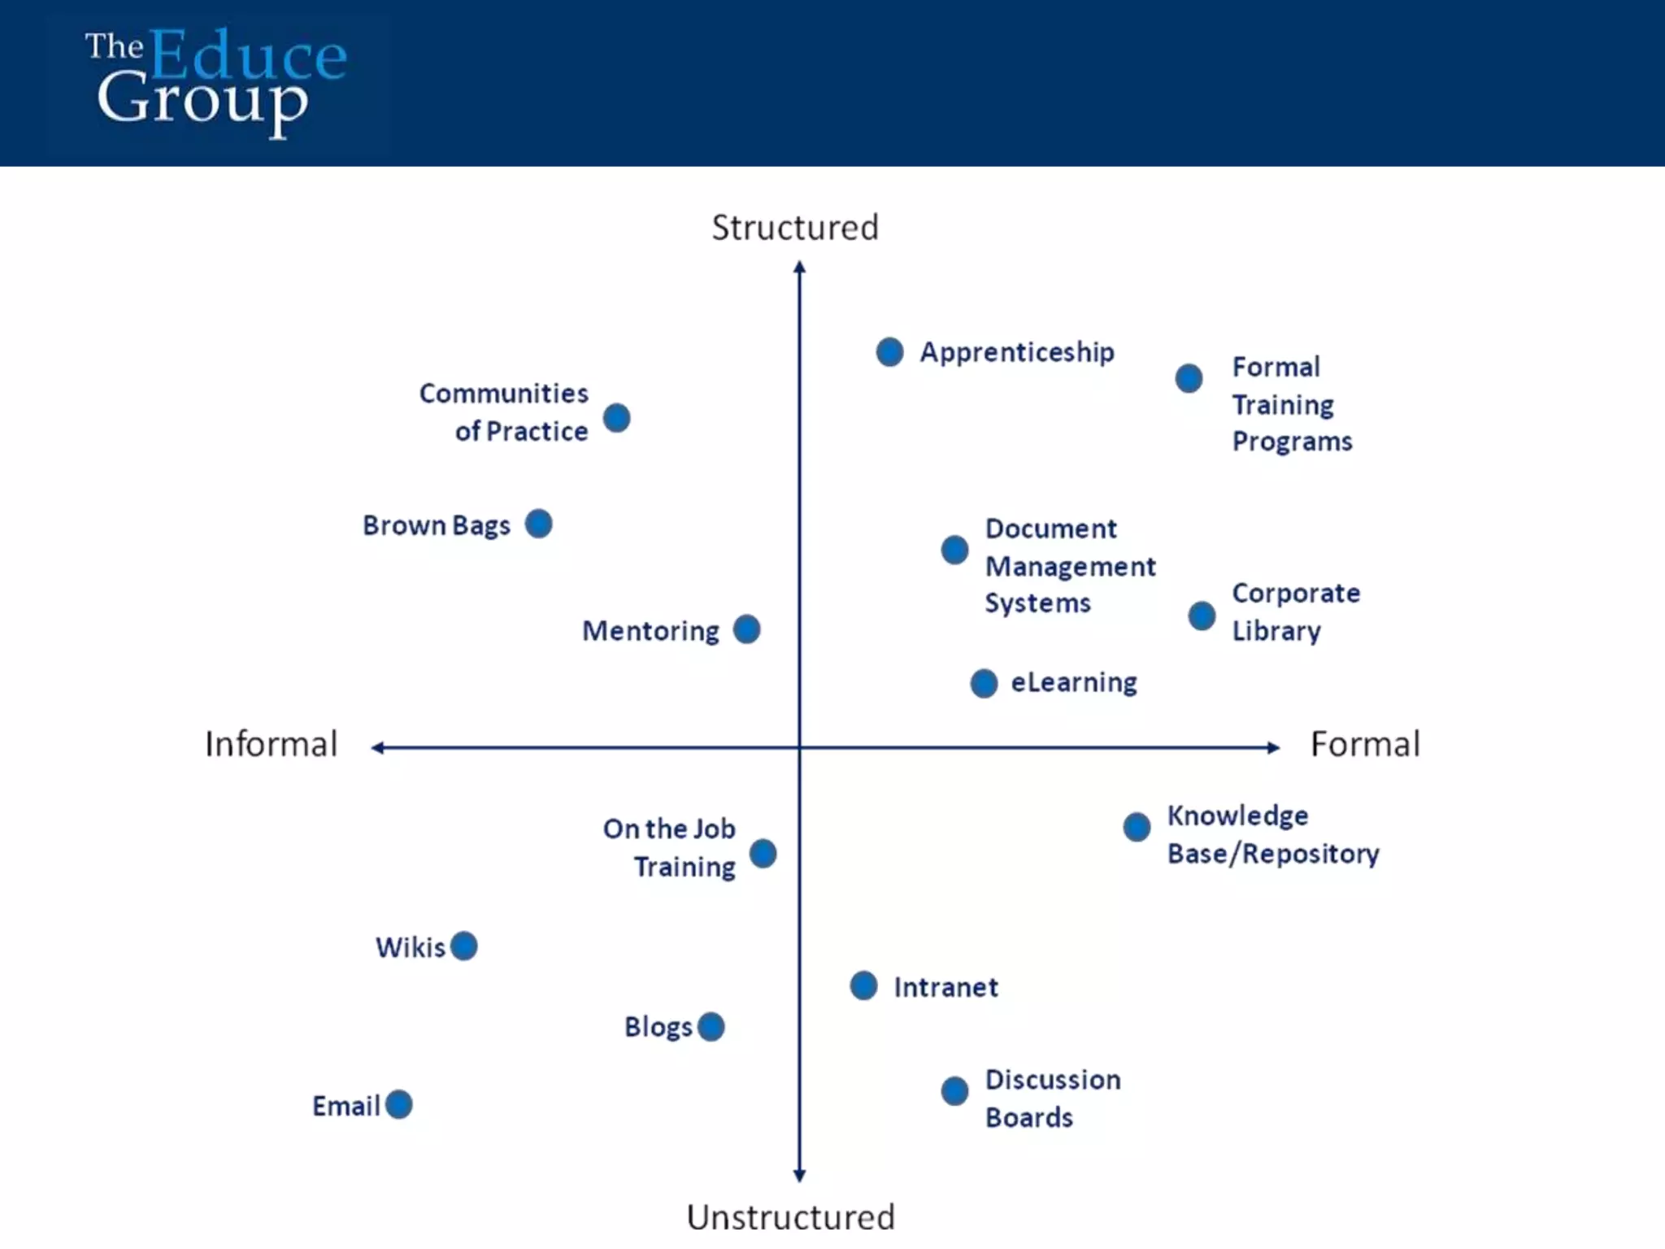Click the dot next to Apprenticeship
pyautogui.click(x=889, y=352)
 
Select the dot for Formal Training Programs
pyautogui.click(x=1189, y=378)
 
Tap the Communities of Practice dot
pyautogui.click(x=616, y=418)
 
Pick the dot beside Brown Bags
pyautogui.click(x=538, y=524)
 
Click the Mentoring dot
pyautogui.click(x=746, y=629)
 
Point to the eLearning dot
pyautogui.click(x=984, y=683)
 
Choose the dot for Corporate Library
pyautogui.click(x=1202, y=616)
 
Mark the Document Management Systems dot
pyautogui.click(x=954, y=550)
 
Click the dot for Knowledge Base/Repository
pyautogui.click(x=1137, y=827)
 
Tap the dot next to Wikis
pyautogui.click(x=463, y=946)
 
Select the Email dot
pyautogui.click(x=398, y=1104)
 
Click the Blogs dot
pyautogui.click(x=711, y=1026)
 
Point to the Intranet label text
pyautogui.click(x=946, y=987)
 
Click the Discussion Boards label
pyautogui.click(x=1052, y=1098)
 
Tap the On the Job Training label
pyautogui.click(x=669, y=847)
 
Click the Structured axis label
pyautogui.click(x=795, y=228)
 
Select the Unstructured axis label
pyautogui.click(x=790, y=1217)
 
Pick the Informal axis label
pyautogui.click(x=271, y=744)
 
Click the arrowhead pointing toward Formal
pyautogui.click(x=1273, y=747)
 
